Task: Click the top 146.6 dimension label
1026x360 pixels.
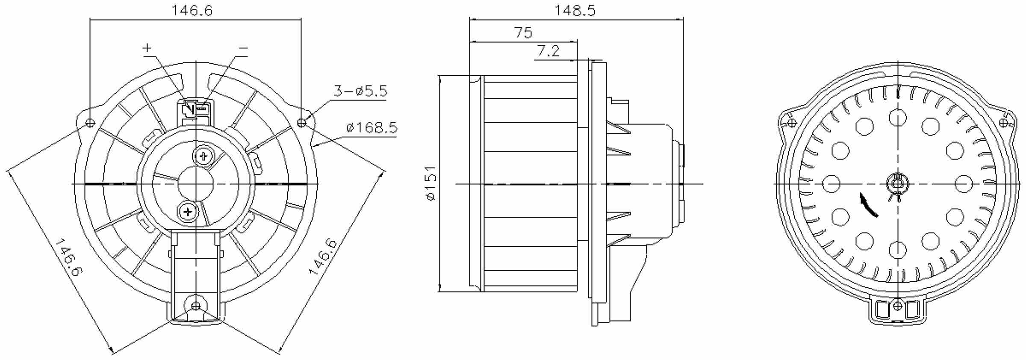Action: (192, 11)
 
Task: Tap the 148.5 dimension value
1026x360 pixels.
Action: (575, 11)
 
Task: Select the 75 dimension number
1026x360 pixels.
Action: (523, 33)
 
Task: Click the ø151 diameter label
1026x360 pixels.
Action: (430, 183)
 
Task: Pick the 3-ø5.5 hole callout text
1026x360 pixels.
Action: (360, 91)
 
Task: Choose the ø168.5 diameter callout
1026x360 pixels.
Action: (372, 127)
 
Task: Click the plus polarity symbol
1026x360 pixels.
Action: (147, 48)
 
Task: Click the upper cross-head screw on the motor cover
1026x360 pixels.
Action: (204, 156)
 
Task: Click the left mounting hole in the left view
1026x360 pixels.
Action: (90, 123)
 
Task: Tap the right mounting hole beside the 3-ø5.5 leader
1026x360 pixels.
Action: (302, 123)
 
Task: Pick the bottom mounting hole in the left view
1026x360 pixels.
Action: (196, 306)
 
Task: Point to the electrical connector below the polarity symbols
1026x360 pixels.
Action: (196, 110)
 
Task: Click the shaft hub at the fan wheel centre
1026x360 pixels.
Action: (897, 184)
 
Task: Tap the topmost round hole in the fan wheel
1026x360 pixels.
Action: (897, 118)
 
